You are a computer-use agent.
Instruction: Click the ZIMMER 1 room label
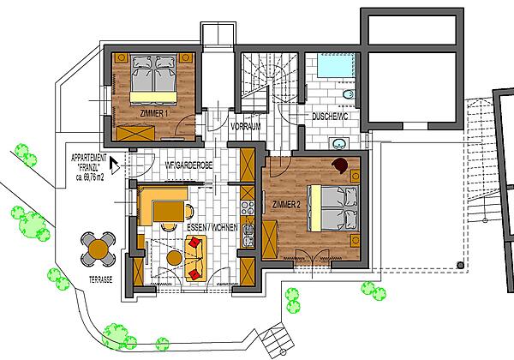coord(154,114)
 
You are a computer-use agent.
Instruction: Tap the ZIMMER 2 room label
coord(286,205)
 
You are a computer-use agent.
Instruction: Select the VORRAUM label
coord(246,126)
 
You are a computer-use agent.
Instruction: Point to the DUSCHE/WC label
coord(330,117)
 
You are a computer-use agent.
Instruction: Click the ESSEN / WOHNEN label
coord(212,227)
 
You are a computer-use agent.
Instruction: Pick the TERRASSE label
coord(101,279)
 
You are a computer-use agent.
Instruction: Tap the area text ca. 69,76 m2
coord(90,177)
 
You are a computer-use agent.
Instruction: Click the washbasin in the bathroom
coord(338,143)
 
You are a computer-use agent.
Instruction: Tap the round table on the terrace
coord(98,249)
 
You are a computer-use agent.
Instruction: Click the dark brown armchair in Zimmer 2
coord(341,165)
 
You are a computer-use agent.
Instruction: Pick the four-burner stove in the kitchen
coord(248,208)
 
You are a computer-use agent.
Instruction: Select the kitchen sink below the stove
coord(248,235)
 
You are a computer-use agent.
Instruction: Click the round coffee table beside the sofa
coord(175,258)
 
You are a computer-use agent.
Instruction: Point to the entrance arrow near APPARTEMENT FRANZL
coord(114,165)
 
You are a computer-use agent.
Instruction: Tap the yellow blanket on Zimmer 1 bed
coord(153,98)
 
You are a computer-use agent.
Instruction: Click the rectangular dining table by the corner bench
coord(169,212)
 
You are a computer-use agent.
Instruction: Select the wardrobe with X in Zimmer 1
coord(135,133)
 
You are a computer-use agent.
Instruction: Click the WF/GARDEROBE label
coord(188,165)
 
